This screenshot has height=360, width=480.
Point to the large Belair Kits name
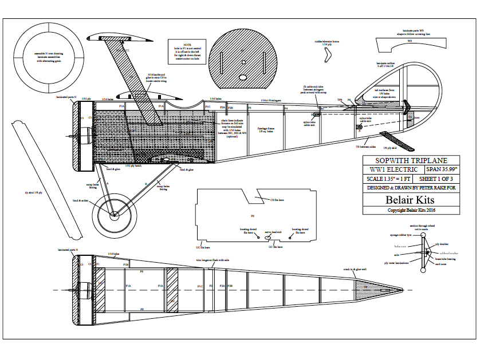411,200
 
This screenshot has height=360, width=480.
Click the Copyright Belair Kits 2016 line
411,211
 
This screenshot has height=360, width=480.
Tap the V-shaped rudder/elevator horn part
328,56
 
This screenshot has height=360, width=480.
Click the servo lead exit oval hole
268,236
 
